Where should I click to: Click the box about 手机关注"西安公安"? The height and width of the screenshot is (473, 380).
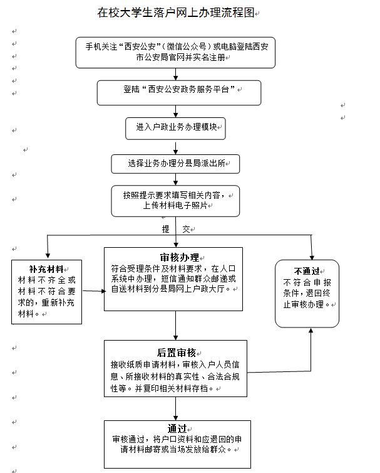175,52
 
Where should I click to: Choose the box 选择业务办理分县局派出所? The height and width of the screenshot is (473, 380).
175,164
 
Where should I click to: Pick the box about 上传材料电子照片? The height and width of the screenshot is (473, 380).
175,200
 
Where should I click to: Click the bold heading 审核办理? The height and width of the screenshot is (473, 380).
180,258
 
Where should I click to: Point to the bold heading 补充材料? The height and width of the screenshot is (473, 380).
46,268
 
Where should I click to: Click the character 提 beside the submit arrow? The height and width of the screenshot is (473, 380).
166,229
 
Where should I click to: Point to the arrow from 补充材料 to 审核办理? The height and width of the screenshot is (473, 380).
93,290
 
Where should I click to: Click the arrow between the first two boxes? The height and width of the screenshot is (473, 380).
176,73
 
